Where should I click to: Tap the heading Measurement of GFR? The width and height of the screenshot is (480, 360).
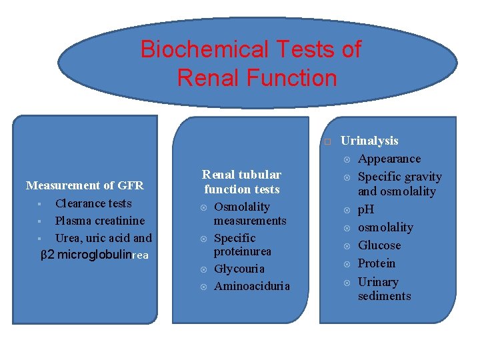(85, 185)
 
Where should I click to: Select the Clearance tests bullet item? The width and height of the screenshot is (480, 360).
(93, 203)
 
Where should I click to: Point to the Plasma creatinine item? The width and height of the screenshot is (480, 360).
(99, 221)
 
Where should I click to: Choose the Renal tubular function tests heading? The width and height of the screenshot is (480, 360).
(242, 182)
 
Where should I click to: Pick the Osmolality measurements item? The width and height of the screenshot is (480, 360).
(249, 213)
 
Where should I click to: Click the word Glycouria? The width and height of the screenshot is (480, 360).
(239, 269)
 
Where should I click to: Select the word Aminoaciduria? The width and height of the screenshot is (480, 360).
(252, 286)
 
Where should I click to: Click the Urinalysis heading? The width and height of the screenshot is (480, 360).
(369, 141)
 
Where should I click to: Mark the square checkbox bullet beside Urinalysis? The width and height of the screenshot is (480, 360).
(327, 142)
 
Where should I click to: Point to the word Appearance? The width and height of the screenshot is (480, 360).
(389, 159)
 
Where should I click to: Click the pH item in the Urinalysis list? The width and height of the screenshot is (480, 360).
(366, 209)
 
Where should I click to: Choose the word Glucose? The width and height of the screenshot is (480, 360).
(379, 245)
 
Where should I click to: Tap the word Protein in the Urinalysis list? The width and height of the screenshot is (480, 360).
(377, 263)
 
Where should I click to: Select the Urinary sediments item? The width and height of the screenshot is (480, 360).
(384, 289)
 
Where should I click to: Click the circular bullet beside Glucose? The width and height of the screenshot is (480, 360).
(346, 246)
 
